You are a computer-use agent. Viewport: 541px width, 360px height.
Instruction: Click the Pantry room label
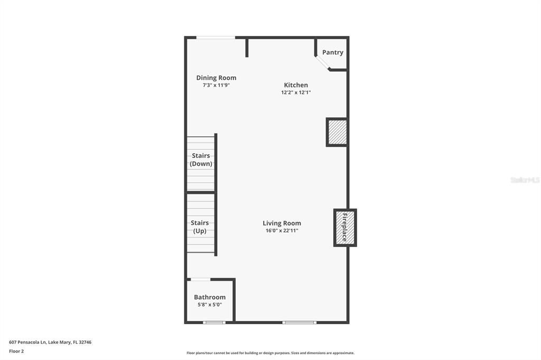pos(333,52)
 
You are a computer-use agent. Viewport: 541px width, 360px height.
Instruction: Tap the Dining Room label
pos(216,78)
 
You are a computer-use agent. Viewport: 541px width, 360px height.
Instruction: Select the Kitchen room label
pos(296,85)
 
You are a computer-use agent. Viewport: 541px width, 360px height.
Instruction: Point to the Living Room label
pos(282,223)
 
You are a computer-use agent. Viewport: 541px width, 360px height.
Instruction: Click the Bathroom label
pos(210,297)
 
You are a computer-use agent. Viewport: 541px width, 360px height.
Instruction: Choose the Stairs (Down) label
pos(201,159)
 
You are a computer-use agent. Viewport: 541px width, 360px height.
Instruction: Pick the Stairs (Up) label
pos(200,227)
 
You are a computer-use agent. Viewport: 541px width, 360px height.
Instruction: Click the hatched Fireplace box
pos(345,228)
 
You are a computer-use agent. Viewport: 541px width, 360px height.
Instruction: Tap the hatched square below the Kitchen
pos(337,132)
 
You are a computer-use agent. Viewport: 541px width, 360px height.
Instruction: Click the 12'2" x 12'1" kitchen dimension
pos(296,92)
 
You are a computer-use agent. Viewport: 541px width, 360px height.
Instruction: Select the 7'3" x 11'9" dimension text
pos(216,85)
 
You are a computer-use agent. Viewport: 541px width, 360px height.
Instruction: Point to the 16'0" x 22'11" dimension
pos(282,231)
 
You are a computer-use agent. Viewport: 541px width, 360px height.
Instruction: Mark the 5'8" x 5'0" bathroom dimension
pos(210,305)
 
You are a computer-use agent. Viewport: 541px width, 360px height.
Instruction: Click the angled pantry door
pos(322,62)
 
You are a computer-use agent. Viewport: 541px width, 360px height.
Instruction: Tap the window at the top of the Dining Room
pos(216,37)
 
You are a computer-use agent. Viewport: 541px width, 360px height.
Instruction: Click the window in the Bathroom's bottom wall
pos(214,322)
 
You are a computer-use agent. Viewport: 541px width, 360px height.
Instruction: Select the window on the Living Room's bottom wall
pos(300,322)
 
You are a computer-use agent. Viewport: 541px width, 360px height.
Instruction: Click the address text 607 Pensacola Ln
pos(50,342)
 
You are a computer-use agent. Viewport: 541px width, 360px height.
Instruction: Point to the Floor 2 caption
pos(16,351)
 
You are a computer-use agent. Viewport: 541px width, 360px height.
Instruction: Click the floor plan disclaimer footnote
pos(270,353)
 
